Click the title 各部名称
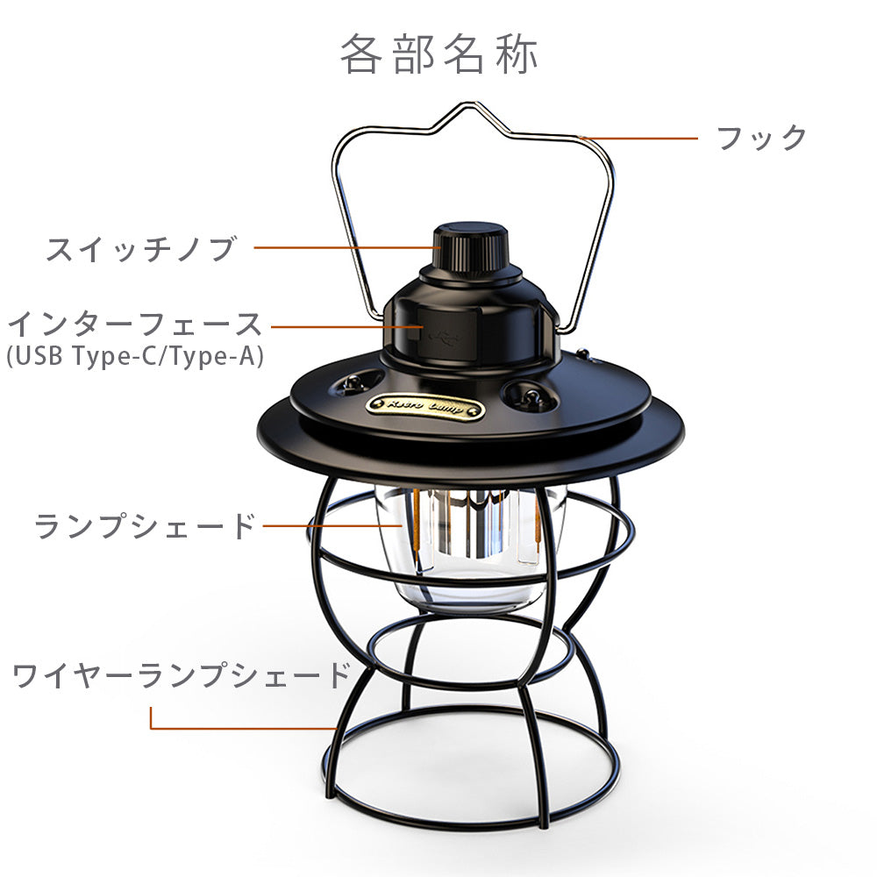439,54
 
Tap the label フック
762,138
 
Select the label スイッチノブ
142,249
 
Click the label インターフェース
135,325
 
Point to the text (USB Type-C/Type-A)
135,356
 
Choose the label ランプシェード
145,525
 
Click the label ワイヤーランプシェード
182,674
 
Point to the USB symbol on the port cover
446,337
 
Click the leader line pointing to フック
638,139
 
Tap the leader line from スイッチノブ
347,247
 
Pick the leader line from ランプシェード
332,525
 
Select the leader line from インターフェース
346,326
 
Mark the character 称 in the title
517,54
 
